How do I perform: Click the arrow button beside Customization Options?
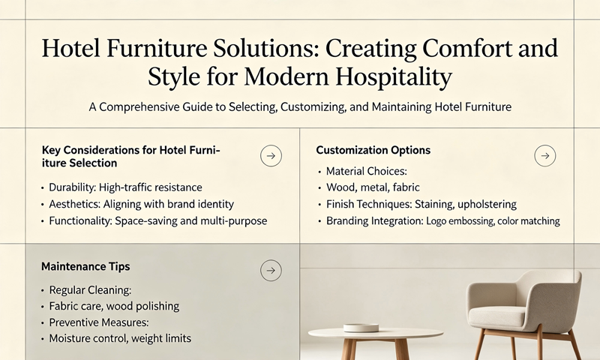coord(544,156)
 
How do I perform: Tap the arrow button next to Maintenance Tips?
coord(271,271)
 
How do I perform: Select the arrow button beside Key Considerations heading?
coord(271,156)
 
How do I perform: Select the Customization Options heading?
coord(373,151)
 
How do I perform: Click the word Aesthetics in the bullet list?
coord(76,204)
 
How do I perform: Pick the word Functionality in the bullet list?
coord(83,221)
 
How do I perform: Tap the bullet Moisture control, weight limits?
coord(120,339)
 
